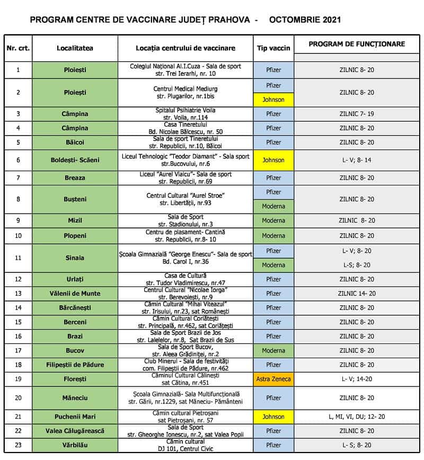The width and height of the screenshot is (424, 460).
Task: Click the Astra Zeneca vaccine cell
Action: coord(273,379)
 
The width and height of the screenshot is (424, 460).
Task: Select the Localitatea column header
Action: coord(75,48)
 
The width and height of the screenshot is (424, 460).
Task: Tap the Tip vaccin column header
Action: coord(273,48)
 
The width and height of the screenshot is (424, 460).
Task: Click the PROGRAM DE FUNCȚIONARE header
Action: coord(357,45)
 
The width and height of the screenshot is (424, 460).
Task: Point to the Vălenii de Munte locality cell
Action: coord(75,294)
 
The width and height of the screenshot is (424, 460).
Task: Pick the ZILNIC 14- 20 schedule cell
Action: coord(357,294)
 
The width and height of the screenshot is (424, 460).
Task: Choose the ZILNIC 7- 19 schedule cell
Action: coord(357,114)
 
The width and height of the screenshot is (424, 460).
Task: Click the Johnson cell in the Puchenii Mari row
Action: coord(273,417)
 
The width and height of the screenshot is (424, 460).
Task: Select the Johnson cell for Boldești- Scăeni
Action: coord(273,160)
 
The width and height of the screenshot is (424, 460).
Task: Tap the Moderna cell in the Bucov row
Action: coord(273,350)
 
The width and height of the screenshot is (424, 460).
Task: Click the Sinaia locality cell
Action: coord(75,258)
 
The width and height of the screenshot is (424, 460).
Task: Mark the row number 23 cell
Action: coord(18,445)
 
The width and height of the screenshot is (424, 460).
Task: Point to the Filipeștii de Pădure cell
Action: coord(75,365)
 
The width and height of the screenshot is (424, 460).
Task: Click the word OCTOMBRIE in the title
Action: coord(297,20)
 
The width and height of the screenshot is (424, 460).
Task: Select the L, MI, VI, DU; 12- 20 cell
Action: coord(357,417)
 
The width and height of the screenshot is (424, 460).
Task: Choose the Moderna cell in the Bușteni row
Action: coord(273,206)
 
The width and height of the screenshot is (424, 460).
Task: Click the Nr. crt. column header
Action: coord(18,48)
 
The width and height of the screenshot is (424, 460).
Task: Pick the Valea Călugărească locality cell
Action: coord(75,431)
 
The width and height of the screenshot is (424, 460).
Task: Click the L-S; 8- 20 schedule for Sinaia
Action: coord(357,265)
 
